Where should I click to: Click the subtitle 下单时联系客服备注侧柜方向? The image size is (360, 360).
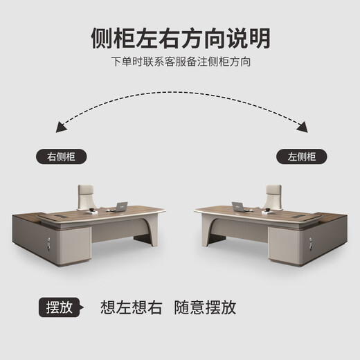180,62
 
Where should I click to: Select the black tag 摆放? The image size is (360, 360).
57,307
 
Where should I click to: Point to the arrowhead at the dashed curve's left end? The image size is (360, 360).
61,127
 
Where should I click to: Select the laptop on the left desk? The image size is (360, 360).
122,206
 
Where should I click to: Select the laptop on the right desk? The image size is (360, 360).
238,206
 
